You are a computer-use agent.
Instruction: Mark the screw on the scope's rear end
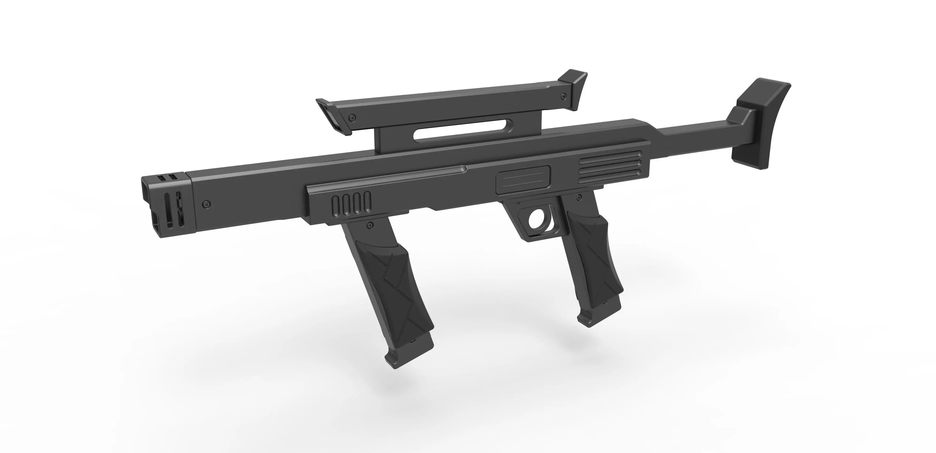click(x=563, y=97)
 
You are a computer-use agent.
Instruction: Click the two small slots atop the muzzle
click(x=166, y=178)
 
